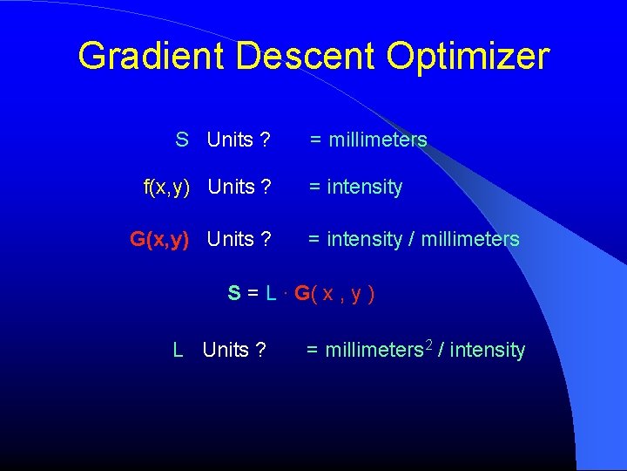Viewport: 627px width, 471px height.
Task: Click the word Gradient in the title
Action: (152, 56)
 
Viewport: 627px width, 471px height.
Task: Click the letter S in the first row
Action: (182, 140)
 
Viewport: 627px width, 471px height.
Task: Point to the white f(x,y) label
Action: (166, 187)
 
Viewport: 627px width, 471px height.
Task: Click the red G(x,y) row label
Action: (159, 239)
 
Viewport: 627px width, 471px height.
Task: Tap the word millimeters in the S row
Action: (378, 140)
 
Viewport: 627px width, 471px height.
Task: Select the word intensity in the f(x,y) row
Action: (364, 187)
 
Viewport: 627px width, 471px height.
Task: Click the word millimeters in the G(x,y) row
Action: (470, 239)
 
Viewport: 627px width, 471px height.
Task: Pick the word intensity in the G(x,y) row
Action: (364, 239)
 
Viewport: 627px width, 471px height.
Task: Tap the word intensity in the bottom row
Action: (488, 351)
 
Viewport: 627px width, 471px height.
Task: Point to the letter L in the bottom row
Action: (178, 351)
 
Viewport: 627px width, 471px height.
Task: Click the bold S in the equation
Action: (234, 293)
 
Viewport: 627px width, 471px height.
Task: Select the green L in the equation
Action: (271, 293)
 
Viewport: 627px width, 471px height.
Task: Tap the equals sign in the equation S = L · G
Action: (253, 293)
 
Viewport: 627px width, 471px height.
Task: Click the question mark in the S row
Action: (265, 140)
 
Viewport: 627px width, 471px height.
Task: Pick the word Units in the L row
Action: (226, 351)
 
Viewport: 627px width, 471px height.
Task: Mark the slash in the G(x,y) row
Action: (412, 239)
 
